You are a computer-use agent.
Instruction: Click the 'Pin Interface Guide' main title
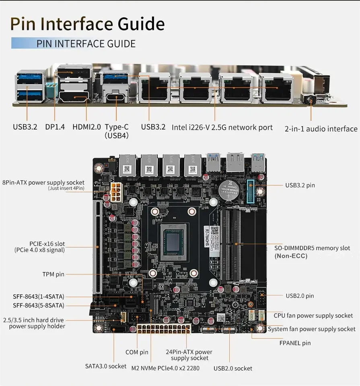pyautogui.click(x=87, y=24)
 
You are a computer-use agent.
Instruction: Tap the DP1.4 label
pyautogui.click(x=55, y=127)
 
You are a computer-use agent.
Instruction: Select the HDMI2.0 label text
pyautogui.click(x=86, y=127)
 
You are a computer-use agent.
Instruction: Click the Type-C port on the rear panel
pyautogui.click(x=117, y=98)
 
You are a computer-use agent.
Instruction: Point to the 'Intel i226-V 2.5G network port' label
pyautogui.click(x=222, y=127)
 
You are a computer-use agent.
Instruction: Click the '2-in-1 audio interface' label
pyautogui.click(x=321, y=129)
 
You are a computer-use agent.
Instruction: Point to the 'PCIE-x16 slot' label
pyautogui.click(x=47, y=244)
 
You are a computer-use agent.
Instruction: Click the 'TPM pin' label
pyautogui.click(x=53, y=274)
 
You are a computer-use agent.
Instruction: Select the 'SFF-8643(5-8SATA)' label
pyautogui.click(x=38, y=305)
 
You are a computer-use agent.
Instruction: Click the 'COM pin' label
pyautogui.click(x=137, y=352)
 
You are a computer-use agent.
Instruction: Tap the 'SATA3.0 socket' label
pyautogui.click(x=106, y=366)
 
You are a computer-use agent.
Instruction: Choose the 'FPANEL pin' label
pyautogui.click(x=295, y=343)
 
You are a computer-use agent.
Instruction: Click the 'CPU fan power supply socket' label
pyautogui.click(x=313, y=316)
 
